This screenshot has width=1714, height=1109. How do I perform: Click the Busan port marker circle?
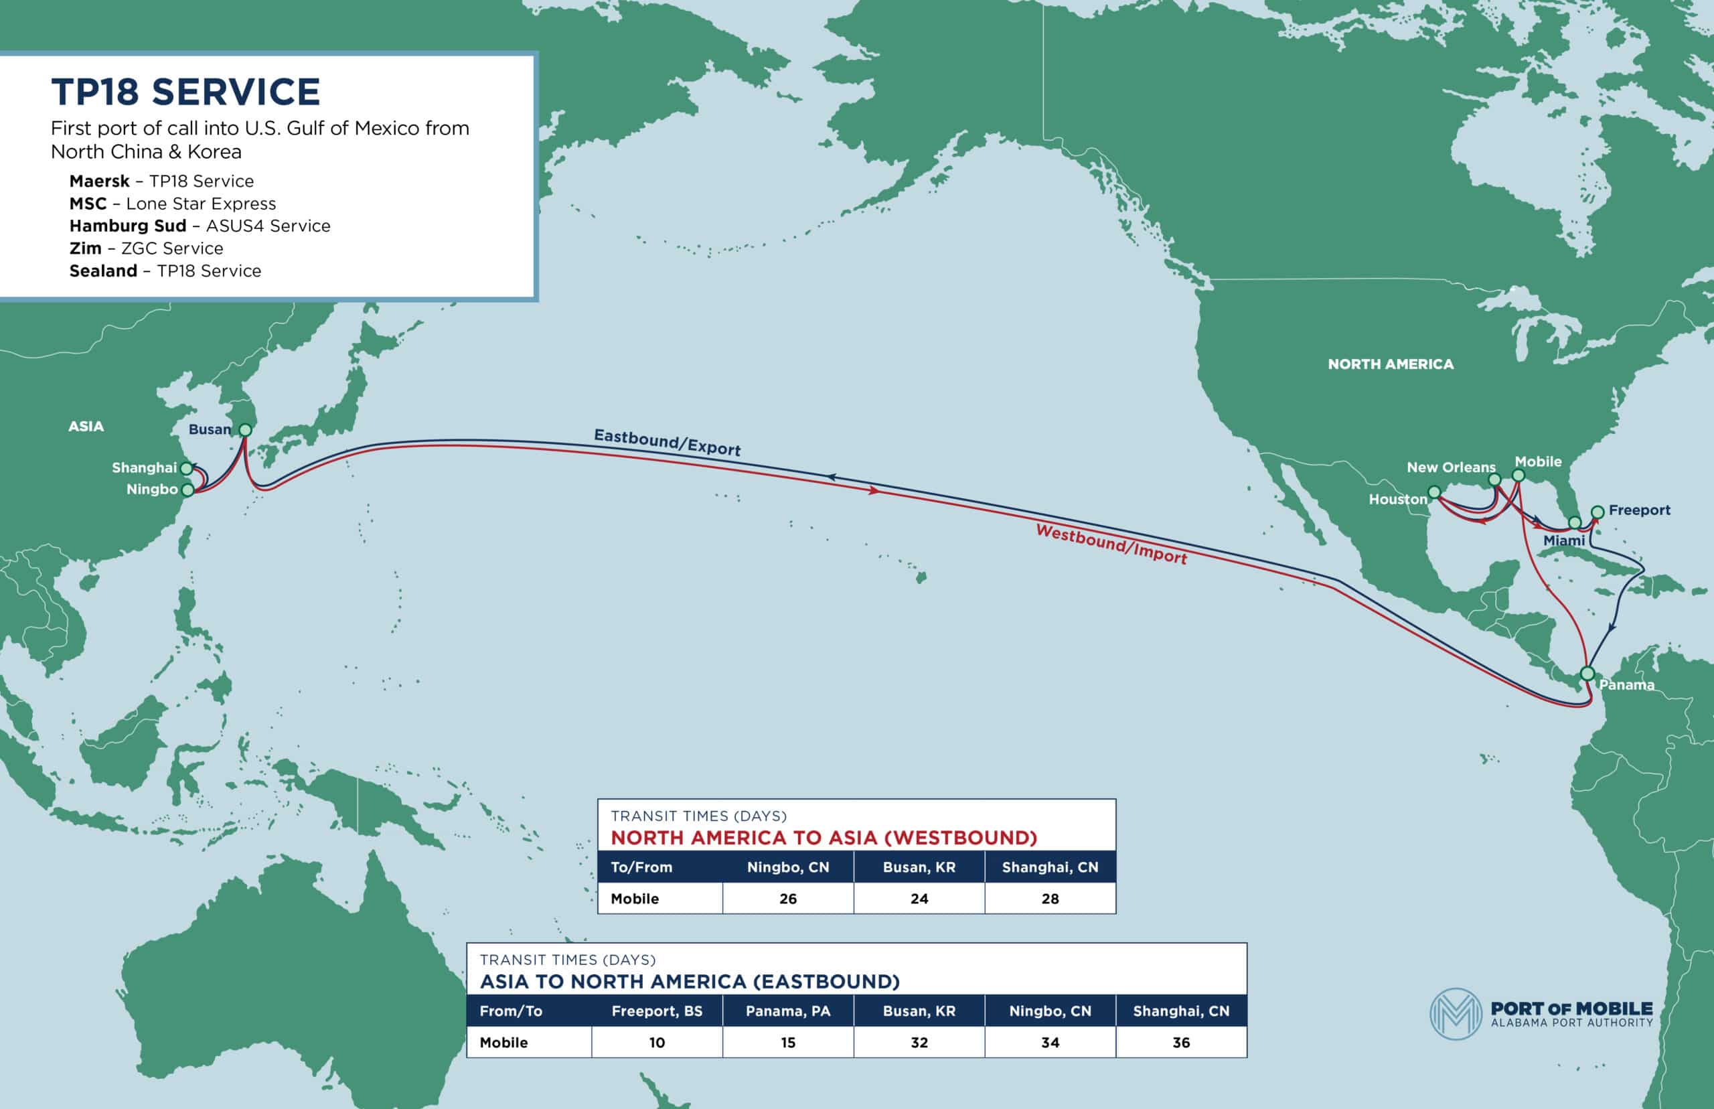click(x=245, y=430)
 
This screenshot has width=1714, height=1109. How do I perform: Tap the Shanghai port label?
click(x=144, y=468)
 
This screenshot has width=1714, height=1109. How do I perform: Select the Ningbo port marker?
click(x=188, y=490)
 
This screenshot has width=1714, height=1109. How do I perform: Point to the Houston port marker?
click(x=1434, y=493)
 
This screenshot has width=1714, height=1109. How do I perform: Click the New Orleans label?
click(x=1450, y=467)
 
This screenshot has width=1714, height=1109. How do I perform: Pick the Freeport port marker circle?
click(x=1598, y=512)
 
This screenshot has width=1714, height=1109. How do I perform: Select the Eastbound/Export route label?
click(x=667, y=442)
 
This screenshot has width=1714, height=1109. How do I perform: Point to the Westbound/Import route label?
click(x=1111, y=544)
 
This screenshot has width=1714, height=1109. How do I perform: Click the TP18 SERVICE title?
click(x=185, y=92)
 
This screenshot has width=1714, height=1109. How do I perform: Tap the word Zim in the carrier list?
click(x=85, y=248)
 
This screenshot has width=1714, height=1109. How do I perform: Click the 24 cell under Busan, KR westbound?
click(x=919, y=899)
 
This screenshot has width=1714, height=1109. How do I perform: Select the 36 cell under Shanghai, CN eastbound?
click(x=1180, y=1043)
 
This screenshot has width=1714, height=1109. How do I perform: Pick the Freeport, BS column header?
click(x=657, y=1011)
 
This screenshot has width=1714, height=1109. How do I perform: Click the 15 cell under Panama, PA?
click(x=787, y=1043)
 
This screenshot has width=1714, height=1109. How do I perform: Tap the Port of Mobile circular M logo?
click(x=1456, y=1014)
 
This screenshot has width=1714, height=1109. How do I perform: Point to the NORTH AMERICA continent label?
click(x=1390, y=364)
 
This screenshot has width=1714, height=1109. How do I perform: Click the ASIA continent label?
click(x=86, y=427)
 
